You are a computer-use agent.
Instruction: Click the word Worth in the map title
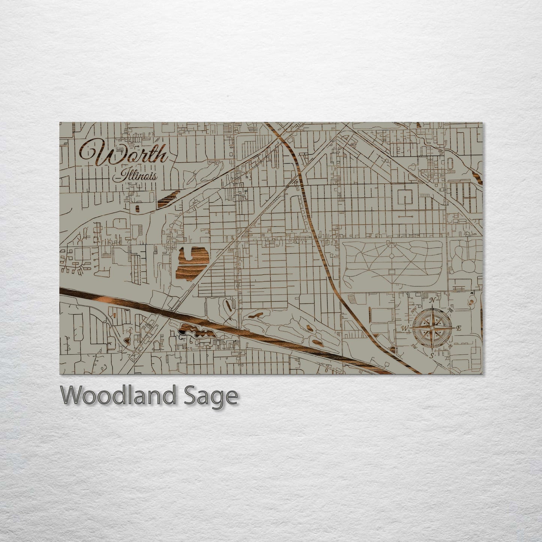click(x=124, y=154)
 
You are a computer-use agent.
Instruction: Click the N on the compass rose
click(x=432, y=300)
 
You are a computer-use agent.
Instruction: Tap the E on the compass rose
click(x=458, y=329)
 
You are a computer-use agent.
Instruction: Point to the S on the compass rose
click(x=432, y=355)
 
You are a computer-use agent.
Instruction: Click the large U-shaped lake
click(x=192, y=263)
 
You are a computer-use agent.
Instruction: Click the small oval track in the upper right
click(x=450, y=164)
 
